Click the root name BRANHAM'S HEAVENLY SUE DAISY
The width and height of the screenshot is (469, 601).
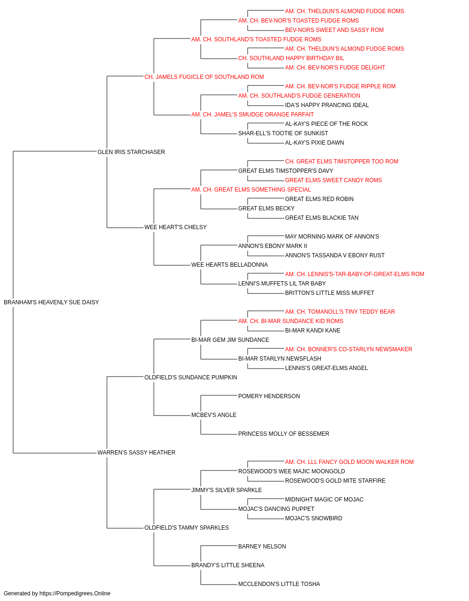point(52,302)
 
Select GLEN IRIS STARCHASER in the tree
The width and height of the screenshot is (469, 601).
point(131,152)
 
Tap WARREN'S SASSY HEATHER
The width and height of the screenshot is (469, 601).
point(136,453)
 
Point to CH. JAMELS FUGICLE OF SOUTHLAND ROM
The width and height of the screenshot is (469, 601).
point(204,77)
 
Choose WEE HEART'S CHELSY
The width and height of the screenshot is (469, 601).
point(175,227)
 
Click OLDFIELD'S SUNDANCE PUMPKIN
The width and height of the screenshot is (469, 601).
point(190,377)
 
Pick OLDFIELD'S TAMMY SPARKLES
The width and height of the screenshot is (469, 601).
point(187,527)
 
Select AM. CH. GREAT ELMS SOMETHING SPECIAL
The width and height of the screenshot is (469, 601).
point(251,189)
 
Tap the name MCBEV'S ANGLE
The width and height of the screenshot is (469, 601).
point(214,415)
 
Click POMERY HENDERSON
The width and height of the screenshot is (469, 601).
point(269,396)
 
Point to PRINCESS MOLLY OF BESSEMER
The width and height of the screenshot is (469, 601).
point(284,434)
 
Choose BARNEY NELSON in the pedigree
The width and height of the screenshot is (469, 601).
point(262,546)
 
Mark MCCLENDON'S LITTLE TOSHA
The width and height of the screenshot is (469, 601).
point(279,584)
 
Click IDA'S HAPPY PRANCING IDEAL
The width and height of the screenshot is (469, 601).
point(327,105)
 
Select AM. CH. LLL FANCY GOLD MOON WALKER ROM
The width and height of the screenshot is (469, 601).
point(349,462)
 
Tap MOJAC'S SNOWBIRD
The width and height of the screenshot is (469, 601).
point(313,518)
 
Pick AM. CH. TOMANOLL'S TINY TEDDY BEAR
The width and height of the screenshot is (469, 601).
point(340,312)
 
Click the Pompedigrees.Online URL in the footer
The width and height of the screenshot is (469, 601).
point(75,593)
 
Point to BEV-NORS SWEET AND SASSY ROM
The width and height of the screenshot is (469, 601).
point(334,30)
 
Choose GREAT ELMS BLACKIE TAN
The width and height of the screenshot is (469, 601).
point(322,218)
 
